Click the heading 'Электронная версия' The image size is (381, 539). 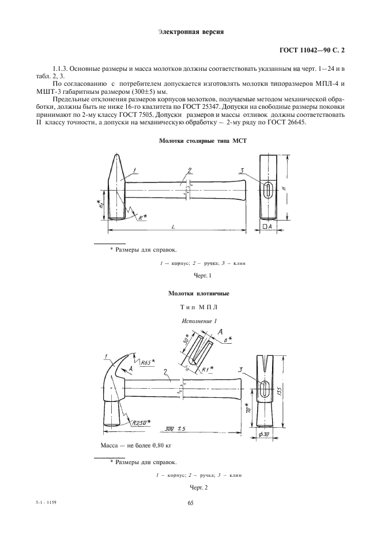click(x=190, y=32)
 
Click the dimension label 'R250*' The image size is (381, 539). click(x=141, y=422)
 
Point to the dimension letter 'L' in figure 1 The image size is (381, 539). click(x=174, y=227)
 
